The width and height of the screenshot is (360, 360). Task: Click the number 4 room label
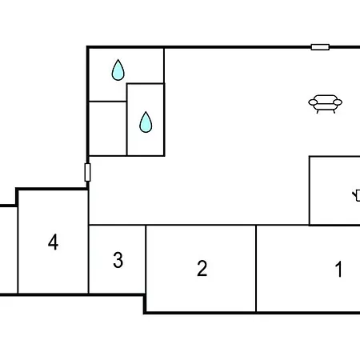(53, 242)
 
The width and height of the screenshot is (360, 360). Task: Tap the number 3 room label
(118, 260)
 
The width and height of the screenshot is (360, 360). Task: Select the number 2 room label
(202, 268)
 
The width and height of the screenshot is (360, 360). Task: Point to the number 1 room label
(338, 269)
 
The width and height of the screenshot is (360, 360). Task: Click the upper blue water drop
(118, 70)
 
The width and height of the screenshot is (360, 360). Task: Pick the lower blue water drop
(146, 122)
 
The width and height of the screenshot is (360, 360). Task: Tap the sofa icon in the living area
(325, 104)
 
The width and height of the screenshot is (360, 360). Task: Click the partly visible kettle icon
(357, 195)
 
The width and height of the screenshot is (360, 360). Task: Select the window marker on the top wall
(320, 47)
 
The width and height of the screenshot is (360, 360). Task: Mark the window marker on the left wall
(87, 172)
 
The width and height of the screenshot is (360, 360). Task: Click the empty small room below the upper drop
(107, 128)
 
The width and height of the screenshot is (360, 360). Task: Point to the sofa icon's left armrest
(313, 102)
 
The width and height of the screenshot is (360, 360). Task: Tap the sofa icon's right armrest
(338, 102)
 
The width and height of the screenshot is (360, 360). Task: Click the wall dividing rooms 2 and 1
(256, 268)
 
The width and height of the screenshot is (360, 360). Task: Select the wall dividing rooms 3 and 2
(146, 259)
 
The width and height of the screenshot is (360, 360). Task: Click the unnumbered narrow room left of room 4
(9, 250)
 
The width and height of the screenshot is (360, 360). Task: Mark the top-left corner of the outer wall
(87, 47)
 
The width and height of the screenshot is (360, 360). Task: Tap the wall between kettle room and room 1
(334, 225)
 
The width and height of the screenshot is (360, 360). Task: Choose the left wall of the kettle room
(310, 190)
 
